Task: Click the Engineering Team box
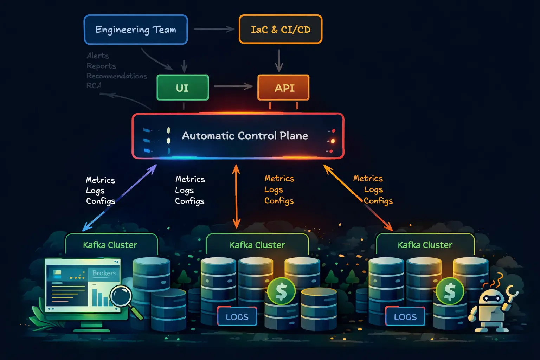pyautogui.click(x=136, y=30)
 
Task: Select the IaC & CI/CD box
pyautogui.click(x=280, y=30)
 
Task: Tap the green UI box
pyautogui.click(x=182, y=88)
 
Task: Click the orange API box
pyautogui.click(x=283, y=88)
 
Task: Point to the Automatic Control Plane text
pyautogui.click(x=245, y=136)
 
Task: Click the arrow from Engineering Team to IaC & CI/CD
pyautogui.click(x=214, y=29)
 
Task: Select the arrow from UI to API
pyautogui.click(x=233, y=86)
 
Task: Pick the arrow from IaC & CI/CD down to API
pyautogui.click(x=279, y=60)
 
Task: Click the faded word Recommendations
pyautogui.click(x=117, y=76)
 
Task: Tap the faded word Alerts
pyautogui.click(x=98, y=56)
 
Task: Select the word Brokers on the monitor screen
pyautogui.click(x=104, y=273)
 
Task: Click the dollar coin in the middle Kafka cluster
pyautogui.click(x=281, y=291)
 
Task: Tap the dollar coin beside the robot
pyautogui.click(x=450, y=291)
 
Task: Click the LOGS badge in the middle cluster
pyautogui.click(x=237, y=317)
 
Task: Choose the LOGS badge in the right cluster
pyautogui.click(x=405, y=317)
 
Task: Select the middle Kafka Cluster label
pyautogui.click(x=257, y=245)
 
